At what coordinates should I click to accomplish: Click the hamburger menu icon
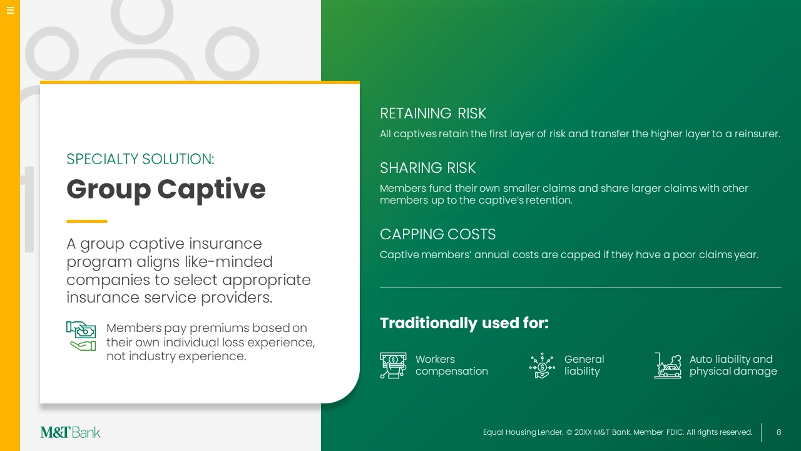pyautogui.click(x=11, y=10)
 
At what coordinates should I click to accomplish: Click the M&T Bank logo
pyautogui.click(x=70, y=432)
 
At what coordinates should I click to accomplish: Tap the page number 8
pyautogui.click(x=778, y=432)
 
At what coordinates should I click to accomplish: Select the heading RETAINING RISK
pyautogui.click(x=432, y=113)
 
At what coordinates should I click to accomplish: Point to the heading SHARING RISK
pyautogui.click(x=427, y=168)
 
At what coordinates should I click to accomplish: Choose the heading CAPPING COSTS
pyautogui.click(x=437, y=234)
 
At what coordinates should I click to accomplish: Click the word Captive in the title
pyautogui.click(x=212, y=190)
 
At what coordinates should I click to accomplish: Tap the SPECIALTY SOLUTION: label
pyautogui.click(x=140, y=159)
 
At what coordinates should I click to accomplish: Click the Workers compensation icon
pyautogui.click(x=393, y=365)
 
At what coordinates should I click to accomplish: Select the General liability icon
pyautogui.click(x=542, y=365)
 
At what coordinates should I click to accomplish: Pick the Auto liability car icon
pyautogui.click(x=668, y=365)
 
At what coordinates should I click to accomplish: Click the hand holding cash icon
pyautogui.click(x=81, y=336)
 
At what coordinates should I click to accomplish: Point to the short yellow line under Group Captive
pyautogui.click(x=87, y=221)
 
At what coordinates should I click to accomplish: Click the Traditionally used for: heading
pyautogui.click(x=464, y=323)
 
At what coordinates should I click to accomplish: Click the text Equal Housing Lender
pyautogui.click(x=523, y=432)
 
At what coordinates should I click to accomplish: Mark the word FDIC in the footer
pyautogui.click(x=675, y=432)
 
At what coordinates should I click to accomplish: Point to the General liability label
pyautogui.click(x=584, y=365)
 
